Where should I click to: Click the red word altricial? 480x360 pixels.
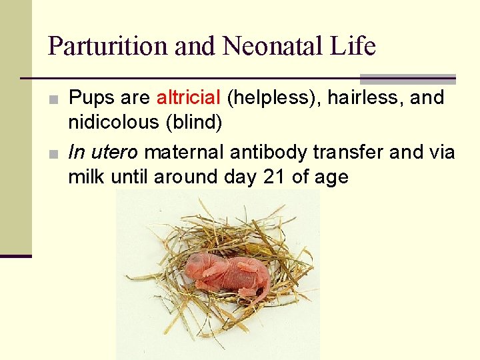coord(188,98)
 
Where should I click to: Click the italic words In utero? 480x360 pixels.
coord(103,153)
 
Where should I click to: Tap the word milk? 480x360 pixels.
coord(85,178)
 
